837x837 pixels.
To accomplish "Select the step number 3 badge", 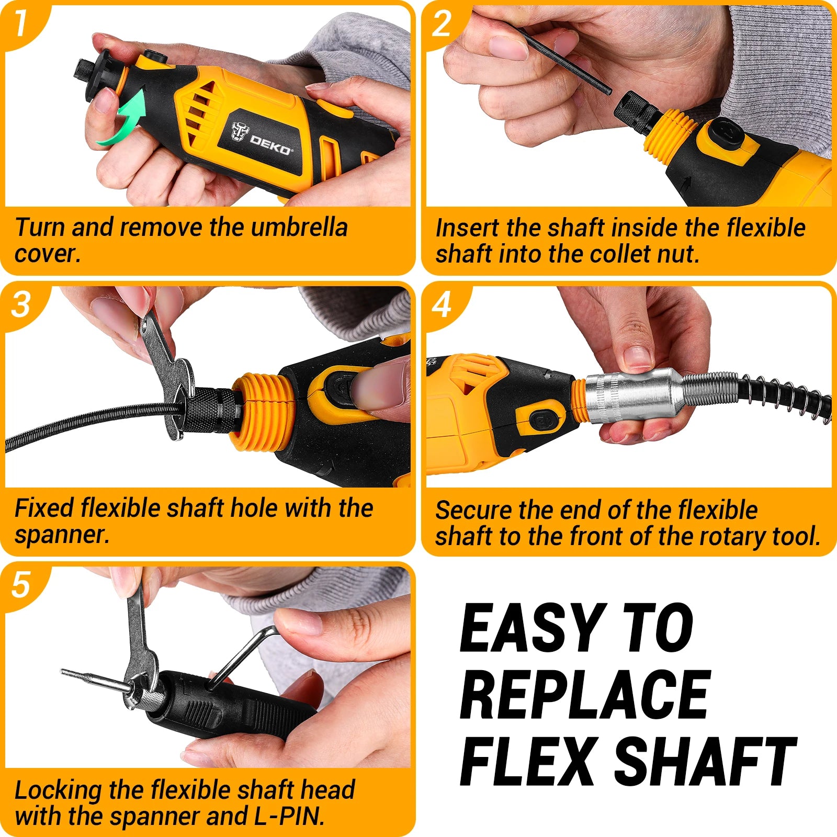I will pos(21,304).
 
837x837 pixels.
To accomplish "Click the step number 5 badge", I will pos(21,584).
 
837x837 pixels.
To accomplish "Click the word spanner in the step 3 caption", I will pos(62,535).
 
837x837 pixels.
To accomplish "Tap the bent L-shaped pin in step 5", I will pos(246,654).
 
